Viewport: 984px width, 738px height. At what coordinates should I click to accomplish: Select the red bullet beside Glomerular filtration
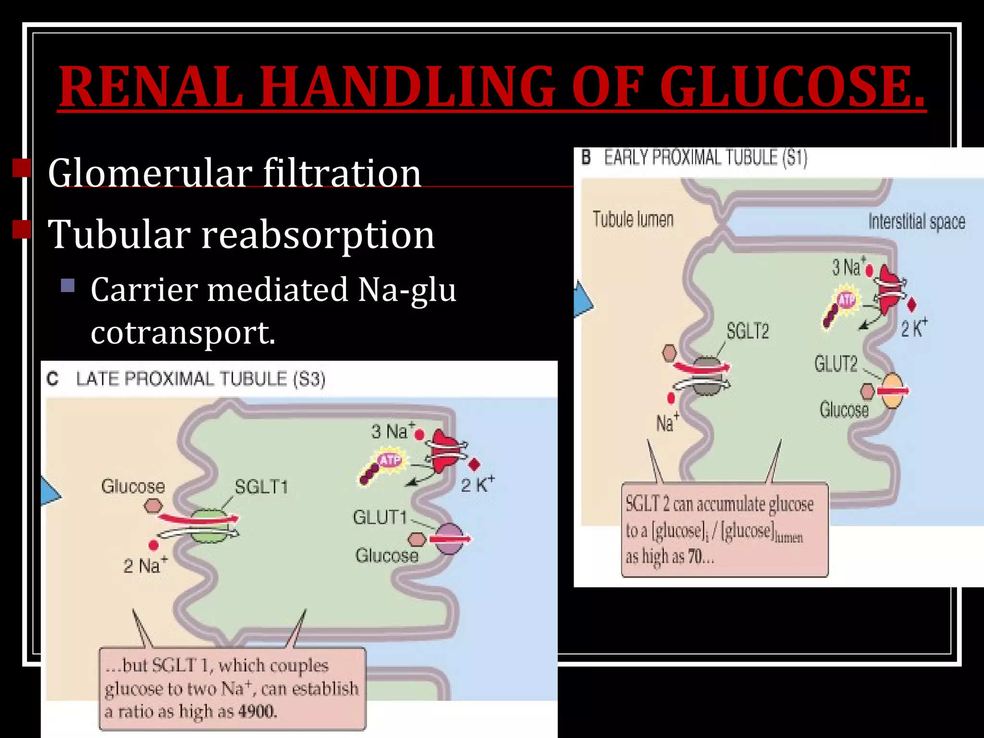coord(22,168)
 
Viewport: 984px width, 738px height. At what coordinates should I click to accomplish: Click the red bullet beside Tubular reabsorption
coord(22,230)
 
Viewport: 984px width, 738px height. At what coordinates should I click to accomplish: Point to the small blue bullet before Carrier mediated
coord(68,286)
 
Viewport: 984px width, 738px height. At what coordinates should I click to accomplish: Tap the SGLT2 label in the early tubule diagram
coord(747,331)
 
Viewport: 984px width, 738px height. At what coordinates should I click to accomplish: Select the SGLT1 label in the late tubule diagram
coord(261,487)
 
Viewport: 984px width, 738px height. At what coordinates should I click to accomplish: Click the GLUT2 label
coord(836,364)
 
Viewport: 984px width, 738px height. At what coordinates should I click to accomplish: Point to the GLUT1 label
coord(380,517)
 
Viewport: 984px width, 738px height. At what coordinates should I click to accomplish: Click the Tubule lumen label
coord(633,219)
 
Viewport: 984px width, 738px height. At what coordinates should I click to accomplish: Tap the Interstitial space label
coord(916,221)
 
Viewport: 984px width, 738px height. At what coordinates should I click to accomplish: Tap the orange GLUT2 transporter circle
coord(892,391)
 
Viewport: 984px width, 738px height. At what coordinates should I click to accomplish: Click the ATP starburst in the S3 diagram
coord(390,460)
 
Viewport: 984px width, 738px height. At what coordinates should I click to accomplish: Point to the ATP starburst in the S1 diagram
coord(846,300)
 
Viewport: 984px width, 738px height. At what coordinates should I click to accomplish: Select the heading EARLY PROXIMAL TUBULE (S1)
coord(705,158)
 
